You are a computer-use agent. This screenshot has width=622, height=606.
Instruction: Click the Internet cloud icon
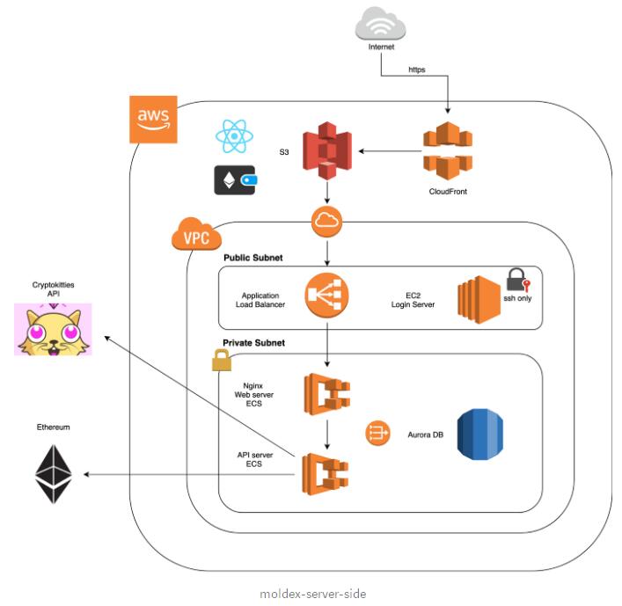coord(382,22)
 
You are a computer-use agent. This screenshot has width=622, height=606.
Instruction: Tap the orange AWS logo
coord(154,118)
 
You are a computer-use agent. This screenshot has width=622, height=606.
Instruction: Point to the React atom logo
coord(234,136)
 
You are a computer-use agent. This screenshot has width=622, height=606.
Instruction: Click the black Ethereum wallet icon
coord(235,179)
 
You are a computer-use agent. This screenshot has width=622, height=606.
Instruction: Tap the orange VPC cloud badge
coord(195,237)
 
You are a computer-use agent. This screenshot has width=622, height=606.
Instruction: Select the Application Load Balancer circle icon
coord(327,296)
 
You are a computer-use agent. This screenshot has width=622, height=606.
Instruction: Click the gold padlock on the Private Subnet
coord(220,359)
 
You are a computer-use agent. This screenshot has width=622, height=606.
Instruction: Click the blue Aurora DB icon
coord(479,434)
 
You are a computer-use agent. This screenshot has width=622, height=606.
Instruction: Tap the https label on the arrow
coord(418,68)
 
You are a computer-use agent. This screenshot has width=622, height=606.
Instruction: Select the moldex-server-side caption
coord(312,594)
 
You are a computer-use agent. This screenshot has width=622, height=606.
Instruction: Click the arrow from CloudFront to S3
coord(388,151)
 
